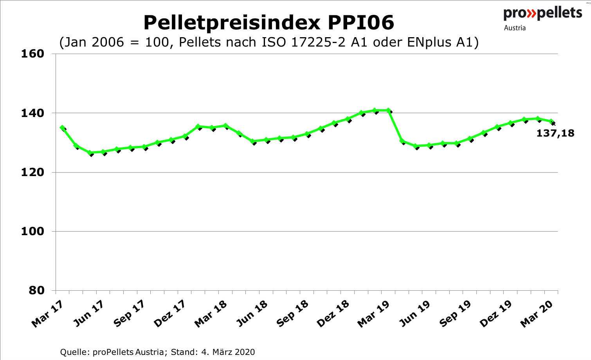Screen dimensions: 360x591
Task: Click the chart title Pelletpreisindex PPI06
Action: tap(268, 23)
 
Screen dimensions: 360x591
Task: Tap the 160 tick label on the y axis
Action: tap(32, 54)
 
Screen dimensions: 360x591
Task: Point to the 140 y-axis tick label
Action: tap(32, 113)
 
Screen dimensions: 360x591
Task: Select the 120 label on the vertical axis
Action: tap(32, 172)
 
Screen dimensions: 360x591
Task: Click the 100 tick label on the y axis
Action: tap(32, 231)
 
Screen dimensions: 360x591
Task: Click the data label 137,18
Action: tap(555, 133)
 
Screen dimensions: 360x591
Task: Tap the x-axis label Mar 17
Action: tap(47, 314)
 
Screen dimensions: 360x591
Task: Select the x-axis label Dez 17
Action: tap(170, 314)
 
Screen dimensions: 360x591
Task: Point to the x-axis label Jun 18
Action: tap(252, 314)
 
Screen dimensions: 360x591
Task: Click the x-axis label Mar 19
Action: tap(373, 314)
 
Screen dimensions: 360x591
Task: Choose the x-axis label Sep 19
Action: tap(455, 314)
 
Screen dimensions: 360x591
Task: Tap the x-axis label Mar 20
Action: tap(537, 314)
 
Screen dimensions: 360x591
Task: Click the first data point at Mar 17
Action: tap(62, 128)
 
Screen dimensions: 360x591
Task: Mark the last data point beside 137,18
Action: tap(551, 122)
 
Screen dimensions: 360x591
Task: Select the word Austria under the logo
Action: tap(515, 28)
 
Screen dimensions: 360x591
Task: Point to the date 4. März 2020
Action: tap(228, 352)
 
